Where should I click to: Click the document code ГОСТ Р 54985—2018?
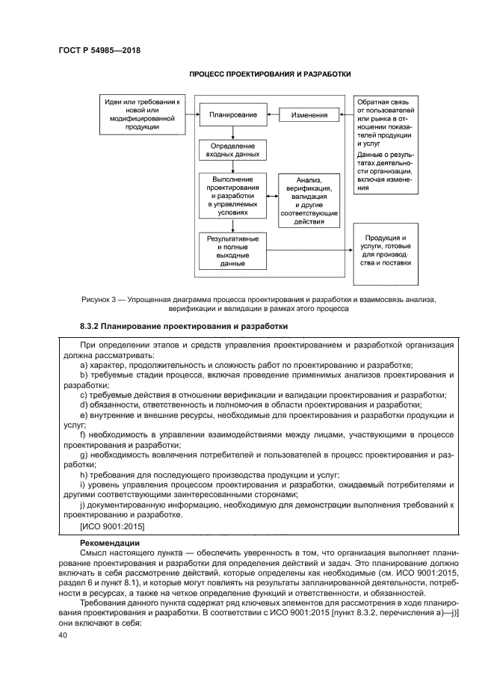pyautogui.click(x=99, y=51)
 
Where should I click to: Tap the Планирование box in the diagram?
pyautogui.click(x=233, y=115)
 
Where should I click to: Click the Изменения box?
pyautogui.click(x=308, y=115)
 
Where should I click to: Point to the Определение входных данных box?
pyautogui.click(x=233, y=150)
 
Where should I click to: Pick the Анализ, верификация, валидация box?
pyautogui.click(x=309, y=201)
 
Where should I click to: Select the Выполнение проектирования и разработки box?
pyautogui.click(x=232, y=196)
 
